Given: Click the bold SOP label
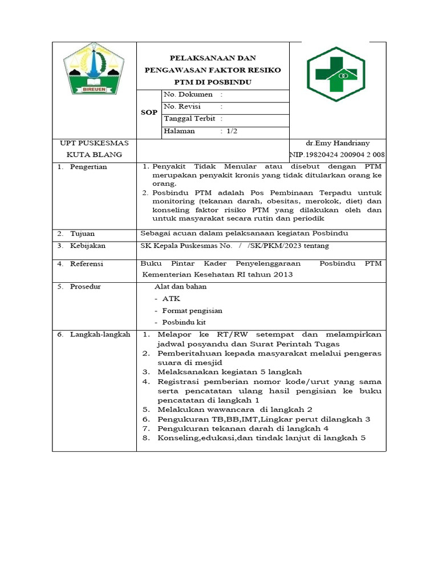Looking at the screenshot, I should pyautogui.click(x=149, y=113).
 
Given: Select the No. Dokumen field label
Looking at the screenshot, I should pyautogui.click(x=188, y=94).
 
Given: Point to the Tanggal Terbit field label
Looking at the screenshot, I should pyautogui.click(x=189, y=119).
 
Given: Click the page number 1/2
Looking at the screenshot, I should pyautogui.click(x=232, y=131).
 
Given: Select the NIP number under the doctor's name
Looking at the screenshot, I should pyautogui.click(x=337, y=155).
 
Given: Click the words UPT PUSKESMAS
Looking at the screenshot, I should pyautogui.click(x=94, y=143).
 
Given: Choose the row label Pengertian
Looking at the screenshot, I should pyautogui.click(x=88, y=167).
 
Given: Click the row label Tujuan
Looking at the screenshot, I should pyautogui.click(x=83, y=234).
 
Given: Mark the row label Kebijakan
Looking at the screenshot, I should pyautogui.click(x=88, y=246).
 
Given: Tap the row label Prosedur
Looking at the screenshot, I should pyautogui.click(x=86, y=286).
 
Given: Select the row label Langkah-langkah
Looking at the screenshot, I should pyautogui.click(x=100, y=334).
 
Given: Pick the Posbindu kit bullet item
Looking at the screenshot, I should pyautogui.click(x=183, y=323).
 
